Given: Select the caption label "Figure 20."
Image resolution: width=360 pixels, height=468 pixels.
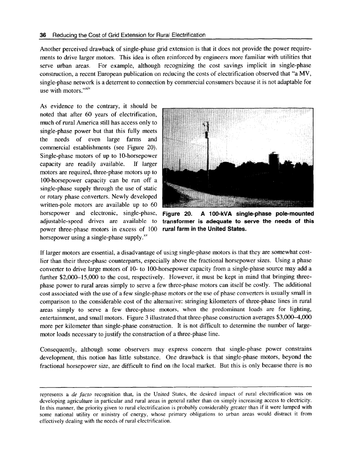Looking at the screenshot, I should click(178, 214).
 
